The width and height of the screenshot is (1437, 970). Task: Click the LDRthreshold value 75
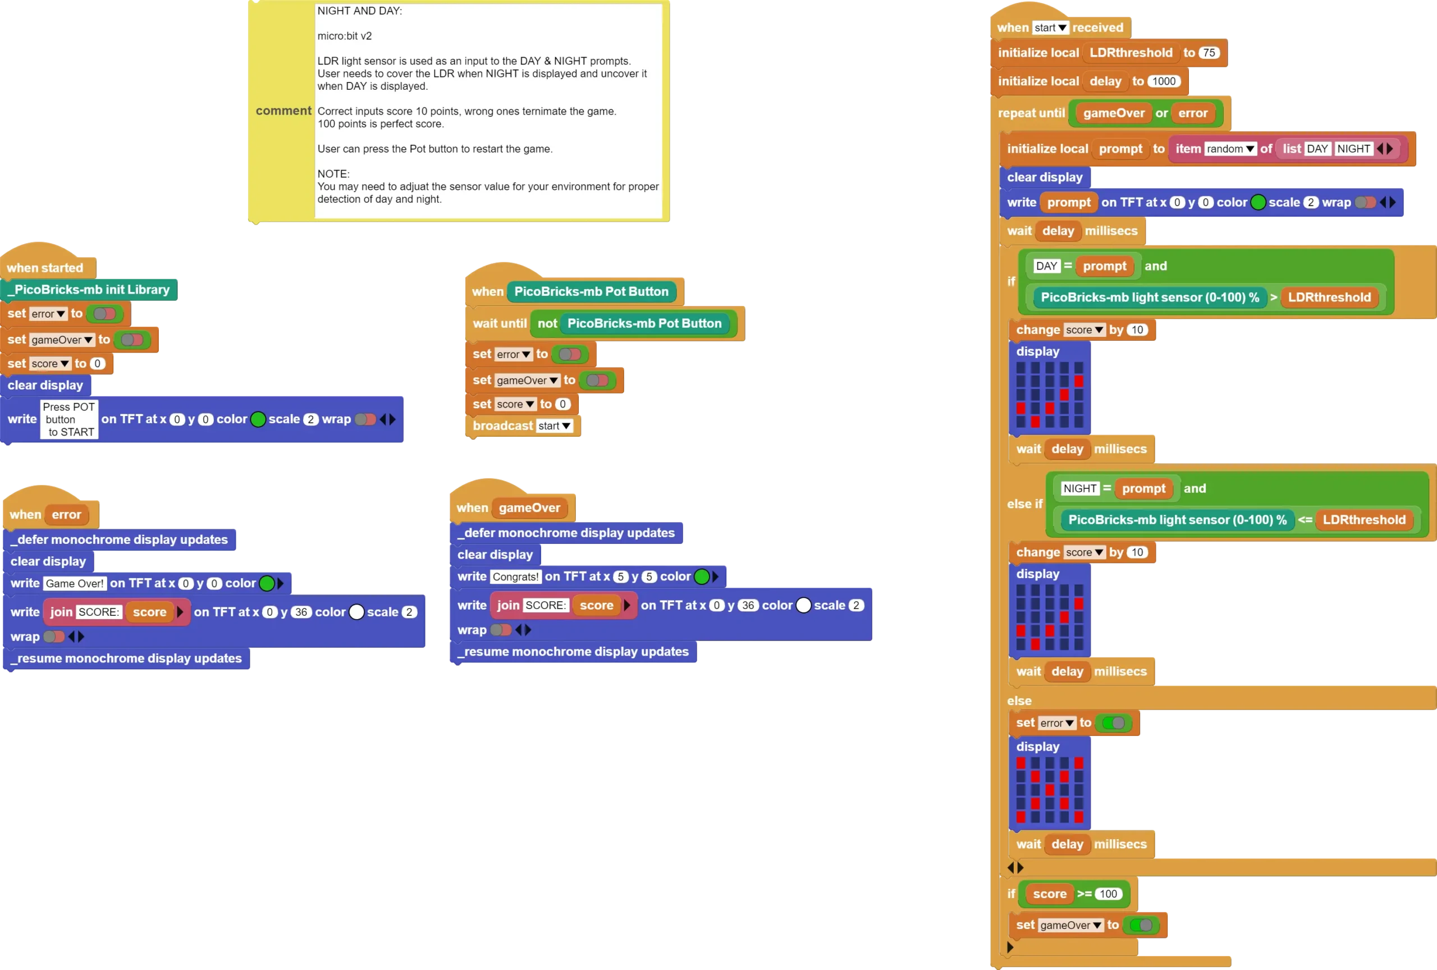click(1209, 53)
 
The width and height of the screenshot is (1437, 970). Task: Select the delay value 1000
click(1163, 81)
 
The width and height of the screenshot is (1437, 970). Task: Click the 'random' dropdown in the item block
click(1230, 149)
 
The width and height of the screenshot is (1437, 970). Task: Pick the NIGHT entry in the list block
click(1353, 149)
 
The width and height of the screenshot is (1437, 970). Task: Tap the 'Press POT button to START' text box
click(69, 419)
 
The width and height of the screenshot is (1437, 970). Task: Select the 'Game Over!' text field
click(75, 584)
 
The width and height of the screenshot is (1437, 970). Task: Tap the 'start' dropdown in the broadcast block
click(554, 426)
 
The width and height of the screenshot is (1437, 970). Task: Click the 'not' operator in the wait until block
click(547, 323)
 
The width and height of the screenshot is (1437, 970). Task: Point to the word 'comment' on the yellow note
click(283, 111)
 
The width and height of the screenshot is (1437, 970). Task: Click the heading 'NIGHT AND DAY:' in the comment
click(359, 11)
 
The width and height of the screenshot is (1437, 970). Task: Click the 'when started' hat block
click(45, 268)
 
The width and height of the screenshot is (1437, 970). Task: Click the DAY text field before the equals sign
click(1046, 266)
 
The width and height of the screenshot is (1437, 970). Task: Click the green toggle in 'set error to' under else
click(1113, 722)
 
